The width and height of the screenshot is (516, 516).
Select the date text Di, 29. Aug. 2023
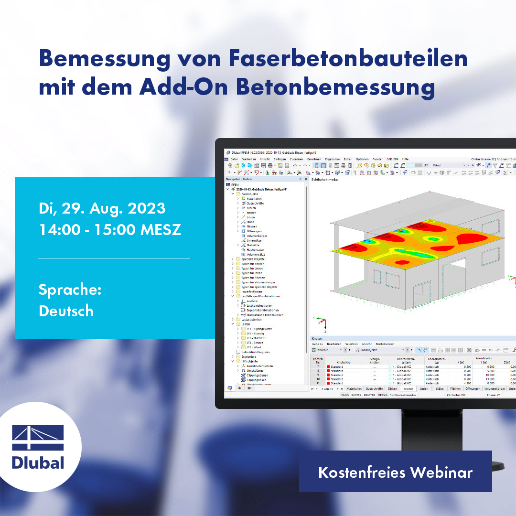coord(102,208)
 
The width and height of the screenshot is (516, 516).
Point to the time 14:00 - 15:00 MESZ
coord(109,229)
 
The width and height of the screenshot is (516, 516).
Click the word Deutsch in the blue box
coord(66,311)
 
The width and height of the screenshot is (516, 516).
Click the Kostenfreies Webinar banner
coord(395,473)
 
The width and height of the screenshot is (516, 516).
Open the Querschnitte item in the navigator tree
coord(255,203)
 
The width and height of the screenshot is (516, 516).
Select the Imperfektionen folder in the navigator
coord(251,291)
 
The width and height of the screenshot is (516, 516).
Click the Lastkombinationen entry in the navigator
coord(260,305)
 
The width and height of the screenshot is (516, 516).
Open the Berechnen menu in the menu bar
coord(314,159)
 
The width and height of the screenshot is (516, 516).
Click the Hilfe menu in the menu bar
coord(405,159)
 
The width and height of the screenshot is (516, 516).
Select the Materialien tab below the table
coord(354,389)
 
